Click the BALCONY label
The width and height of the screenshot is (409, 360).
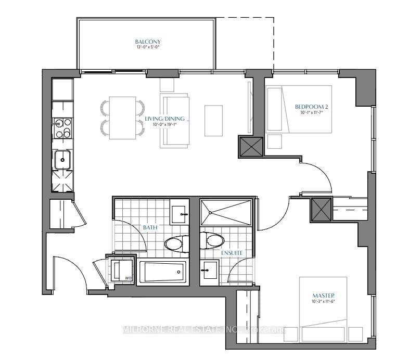point(148,42)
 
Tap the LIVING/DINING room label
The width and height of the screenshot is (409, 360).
point(165,119)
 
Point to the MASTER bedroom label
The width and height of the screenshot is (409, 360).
point(323,295)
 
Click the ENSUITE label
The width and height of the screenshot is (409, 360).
point(232,253)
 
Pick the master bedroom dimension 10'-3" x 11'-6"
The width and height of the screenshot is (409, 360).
point(323,302)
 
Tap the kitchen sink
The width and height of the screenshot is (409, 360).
point(63,159)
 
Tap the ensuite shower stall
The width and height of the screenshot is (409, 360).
point(227,212)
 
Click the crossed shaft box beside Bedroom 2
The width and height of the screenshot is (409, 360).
point(249,147)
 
